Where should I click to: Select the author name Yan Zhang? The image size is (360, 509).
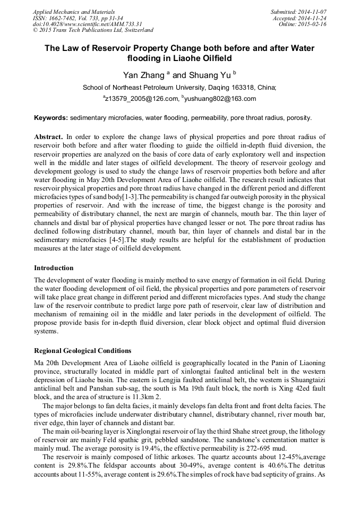coord(143,75)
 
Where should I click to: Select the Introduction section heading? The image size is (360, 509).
coord(54,268)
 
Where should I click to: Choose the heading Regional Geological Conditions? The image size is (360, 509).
coord(82,351)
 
